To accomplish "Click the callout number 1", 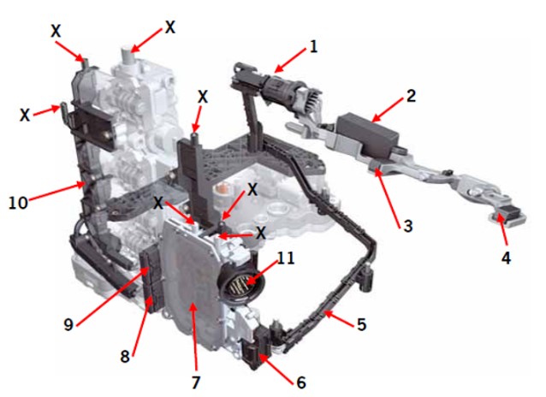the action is (x=313, y=47).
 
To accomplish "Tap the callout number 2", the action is (x=411, y=96).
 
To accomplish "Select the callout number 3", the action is (x=407, y=226).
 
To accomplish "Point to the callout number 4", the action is (x=506, y=258).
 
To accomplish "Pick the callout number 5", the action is (x=362, y=324).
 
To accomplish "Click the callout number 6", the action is (x=301, y=382).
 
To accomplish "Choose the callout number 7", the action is (x=195, y=382).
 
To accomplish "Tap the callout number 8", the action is (x=125, y=356).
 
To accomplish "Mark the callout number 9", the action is (x=68, y=324).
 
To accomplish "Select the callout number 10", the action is (x=18, y=202).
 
